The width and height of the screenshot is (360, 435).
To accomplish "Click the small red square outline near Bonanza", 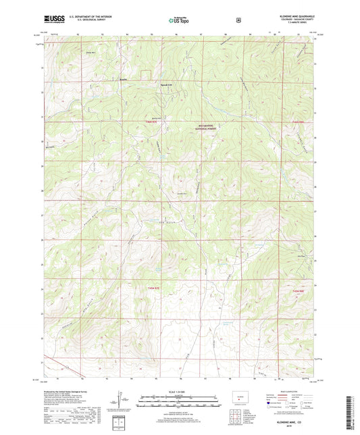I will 143,72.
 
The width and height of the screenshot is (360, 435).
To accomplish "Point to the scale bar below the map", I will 179,401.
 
